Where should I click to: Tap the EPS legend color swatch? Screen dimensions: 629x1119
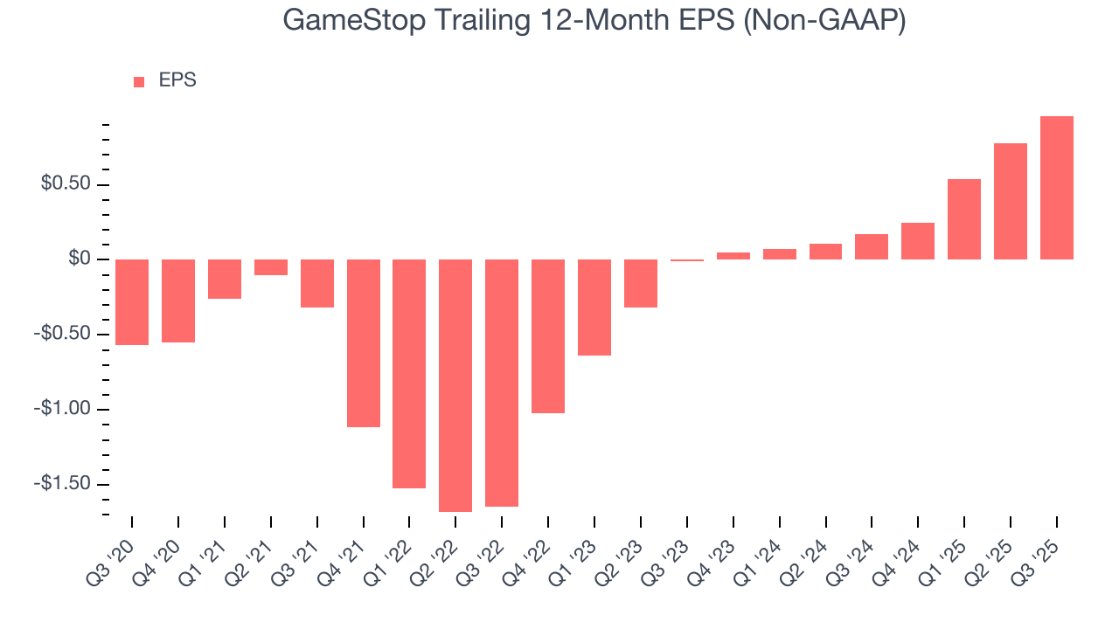click(x=139, y=81)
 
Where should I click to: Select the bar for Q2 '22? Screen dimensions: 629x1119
click(x=455, y=385)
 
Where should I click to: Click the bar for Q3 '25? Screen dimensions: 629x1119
click(x=1056, y=188)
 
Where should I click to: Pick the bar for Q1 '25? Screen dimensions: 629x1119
click(x=963, y=219)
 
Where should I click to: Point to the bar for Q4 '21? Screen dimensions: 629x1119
click(x=363, y=343)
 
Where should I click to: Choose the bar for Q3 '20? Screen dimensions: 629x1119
click(x=132, y=302)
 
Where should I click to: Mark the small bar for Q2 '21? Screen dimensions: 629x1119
click(x=270, y=267)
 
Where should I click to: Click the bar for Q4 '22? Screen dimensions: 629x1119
click(x=548, y=336)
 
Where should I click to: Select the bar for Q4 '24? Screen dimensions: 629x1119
click(x=917, y=241)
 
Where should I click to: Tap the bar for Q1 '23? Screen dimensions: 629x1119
click(x=594, y=308)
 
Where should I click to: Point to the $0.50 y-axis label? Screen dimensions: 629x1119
click(x=66, y=185)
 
